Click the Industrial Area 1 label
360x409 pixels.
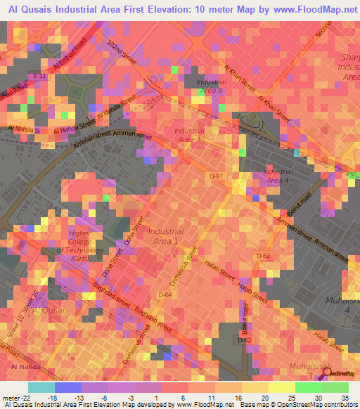pos(165,236)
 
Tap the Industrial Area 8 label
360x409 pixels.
pos(211,86)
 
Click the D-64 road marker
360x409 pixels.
pos(165,294)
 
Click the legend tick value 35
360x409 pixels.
pos(345,398)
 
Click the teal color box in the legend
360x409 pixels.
pos(41,387)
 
